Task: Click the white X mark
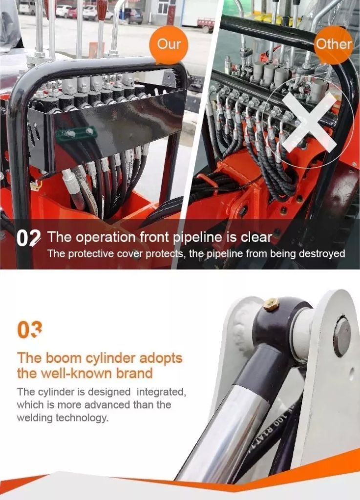click(309, 122)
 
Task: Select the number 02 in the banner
click(28, 238)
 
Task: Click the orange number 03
click(29, 330)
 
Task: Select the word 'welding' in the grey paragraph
click(35, 418)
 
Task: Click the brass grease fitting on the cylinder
click(271, 304)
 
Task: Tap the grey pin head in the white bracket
click(342, 336)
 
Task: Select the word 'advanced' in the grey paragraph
click(108, 405)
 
